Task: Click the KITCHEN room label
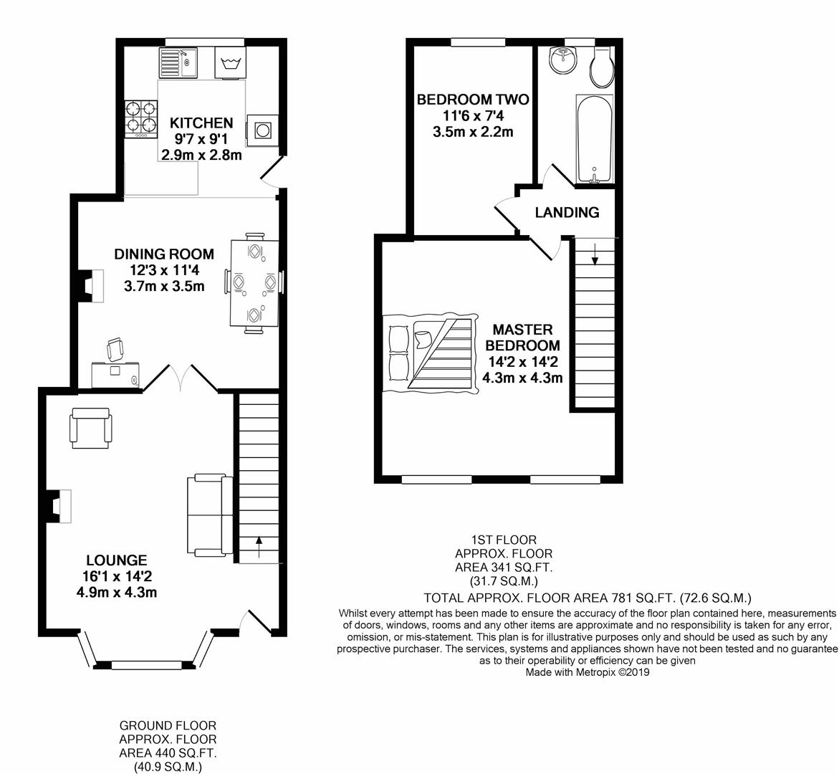[x=201, y=123]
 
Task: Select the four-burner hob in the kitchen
[x=141, y=119]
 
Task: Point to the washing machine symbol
[x=230, y=62]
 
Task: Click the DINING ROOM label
[x=164, y=254]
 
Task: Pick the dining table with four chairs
[x=254, y=282]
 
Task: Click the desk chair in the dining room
[x=115, y=350]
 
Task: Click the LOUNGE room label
[x=117, y=560]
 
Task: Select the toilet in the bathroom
[x=601, y=69]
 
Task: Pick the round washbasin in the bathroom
[x=564, y=59]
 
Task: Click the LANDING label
[x=567, y=212]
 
